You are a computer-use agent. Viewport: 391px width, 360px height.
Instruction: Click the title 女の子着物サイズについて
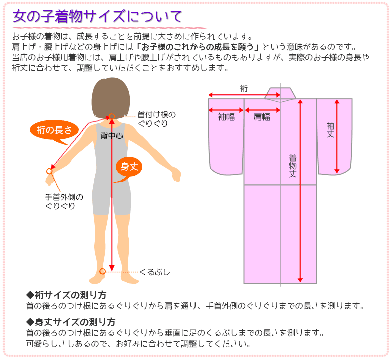[x=97, y=16]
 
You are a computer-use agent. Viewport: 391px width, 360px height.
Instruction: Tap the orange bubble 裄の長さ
[x=54, y=130]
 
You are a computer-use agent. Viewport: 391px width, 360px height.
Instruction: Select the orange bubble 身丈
[x=129, y=167]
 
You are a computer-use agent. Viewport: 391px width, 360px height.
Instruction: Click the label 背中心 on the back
[x=112, y=135]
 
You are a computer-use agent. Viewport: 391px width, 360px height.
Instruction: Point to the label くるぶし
[x=155, y=272]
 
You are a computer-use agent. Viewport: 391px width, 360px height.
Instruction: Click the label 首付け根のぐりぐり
[x=156, y=119]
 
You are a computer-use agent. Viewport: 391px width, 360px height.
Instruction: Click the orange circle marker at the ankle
[x=102, y=271]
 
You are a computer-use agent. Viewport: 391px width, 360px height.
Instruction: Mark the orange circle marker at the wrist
[x=49, y=171]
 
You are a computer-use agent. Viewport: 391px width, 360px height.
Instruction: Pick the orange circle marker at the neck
[x=112, y=116]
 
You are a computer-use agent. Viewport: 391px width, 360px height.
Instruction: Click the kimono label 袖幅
[x=226, y=117]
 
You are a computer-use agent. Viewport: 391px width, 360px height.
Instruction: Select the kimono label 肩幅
[x=262, y=117]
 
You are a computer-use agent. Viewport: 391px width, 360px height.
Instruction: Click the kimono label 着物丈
[x=293, y=166]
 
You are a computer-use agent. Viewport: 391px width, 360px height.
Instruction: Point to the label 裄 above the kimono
[x=244, y=88]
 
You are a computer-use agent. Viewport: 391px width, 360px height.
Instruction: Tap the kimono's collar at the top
[x=280, y=94]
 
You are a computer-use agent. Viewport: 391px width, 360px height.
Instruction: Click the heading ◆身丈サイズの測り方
[x=70, y=322]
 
